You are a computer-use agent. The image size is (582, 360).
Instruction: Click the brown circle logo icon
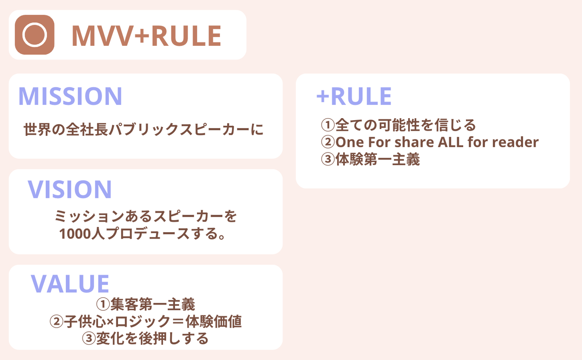(35, 35)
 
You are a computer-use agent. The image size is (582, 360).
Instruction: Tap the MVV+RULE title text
(146, 36)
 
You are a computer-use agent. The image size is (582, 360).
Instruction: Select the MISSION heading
(70, 96)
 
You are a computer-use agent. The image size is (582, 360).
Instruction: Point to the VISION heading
(70, 189)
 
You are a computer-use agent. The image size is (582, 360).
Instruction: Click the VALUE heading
(70, 284)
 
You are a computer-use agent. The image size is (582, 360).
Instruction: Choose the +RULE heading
(354, 96)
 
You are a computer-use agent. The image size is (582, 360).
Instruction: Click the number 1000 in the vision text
(75, 234)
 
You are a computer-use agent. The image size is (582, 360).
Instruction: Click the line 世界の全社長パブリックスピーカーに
(143, 129)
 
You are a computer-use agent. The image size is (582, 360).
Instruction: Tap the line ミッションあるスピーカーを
(145, 216)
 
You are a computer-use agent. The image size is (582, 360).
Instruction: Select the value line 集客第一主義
(153, 304)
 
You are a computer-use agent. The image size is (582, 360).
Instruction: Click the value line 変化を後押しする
(152, 339)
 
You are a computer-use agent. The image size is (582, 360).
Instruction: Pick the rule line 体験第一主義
(377, 159)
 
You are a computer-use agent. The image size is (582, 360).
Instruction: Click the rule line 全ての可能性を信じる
(405, 125)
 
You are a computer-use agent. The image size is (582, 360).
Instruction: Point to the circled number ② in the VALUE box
(56, 322)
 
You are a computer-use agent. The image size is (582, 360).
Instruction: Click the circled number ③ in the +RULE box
(328, 159)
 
